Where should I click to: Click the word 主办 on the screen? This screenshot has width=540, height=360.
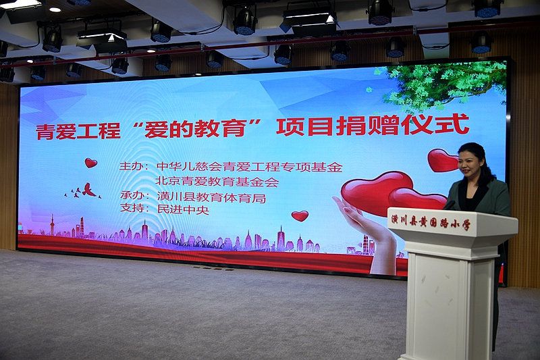[x=129, y=166]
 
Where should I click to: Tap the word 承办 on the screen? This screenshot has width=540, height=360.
[x=130, y=196]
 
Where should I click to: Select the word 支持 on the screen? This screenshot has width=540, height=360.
[x=130, y=209]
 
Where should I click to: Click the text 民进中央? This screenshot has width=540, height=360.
[x=183, y=209]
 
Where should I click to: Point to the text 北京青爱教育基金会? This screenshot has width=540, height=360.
[x=217, y=181]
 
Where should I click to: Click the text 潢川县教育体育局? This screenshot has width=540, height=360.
[x=211, y=197]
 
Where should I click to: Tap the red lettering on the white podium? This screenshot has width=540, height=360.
[x=431, y=223]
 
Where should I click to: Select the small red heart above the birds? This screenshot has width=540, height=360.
[x=91, y=163]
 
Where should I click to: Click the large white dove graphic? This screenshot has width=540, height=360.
[x=88, y=190]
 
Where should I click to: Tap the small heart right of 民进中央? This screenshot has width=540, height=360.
[x=300, y=216]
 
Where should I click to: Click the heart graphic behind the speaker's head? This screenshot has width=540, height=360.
[x=443, y=160]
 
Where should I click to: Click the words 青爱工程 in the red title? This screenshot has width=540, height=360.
[x=78, y=131]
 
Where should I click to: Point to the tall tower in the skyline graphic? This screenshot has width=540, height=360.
[x=53, y=224]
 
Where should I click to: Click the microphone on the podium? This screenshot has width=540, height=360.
[x=449, y=205]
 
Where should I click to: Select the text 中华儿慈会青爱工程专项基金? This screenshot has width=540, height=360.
[x=250, y=167]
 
